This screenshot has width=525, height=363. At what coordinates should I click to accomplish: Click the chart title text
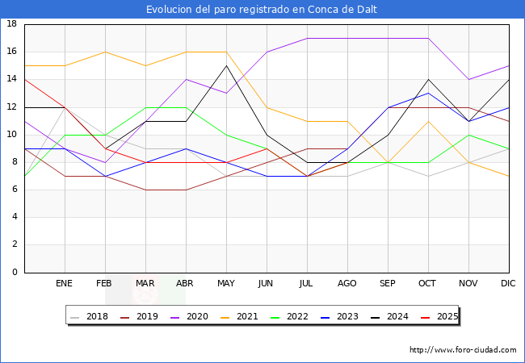point(262,10)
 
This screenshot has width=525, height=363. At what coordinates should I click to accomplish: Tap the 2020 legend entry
point(191,317)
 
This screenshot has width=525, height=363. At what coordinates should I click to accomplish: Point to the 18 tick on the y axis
point(12,24)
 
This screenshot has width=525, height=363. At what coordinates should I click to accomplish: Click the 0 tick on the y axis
point(15,273)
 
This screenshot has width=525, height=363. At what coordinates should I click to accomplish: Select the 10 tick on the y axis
point(12,135)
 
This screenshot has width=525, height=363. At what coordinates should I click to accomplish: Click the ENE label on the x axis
point(65,284)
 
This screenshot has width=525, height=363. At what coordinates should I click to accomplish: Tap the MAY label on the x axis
point(226,284)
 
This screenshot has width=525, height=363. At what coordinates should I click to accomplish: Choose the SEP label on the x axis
point(388,284)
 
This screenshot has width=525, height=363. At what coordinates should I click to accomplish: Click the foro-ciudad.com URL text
point(463,350)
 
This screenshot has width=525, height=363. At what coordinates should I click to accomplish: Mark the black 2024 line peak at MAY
point(226,65)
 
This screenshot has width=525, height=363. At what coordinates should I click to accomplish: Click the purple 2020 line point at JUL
point(307,38)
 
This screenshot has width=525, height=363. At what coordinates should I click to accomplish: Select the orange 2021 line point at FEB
point(105,52)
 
